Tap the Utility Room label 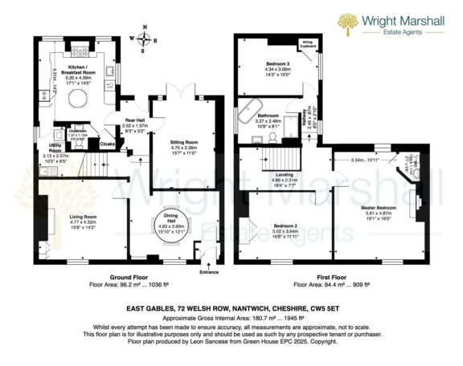coord(55,147)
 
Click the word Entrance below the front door coord(208,272)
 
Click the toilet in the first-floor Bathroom coord(273,137)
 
